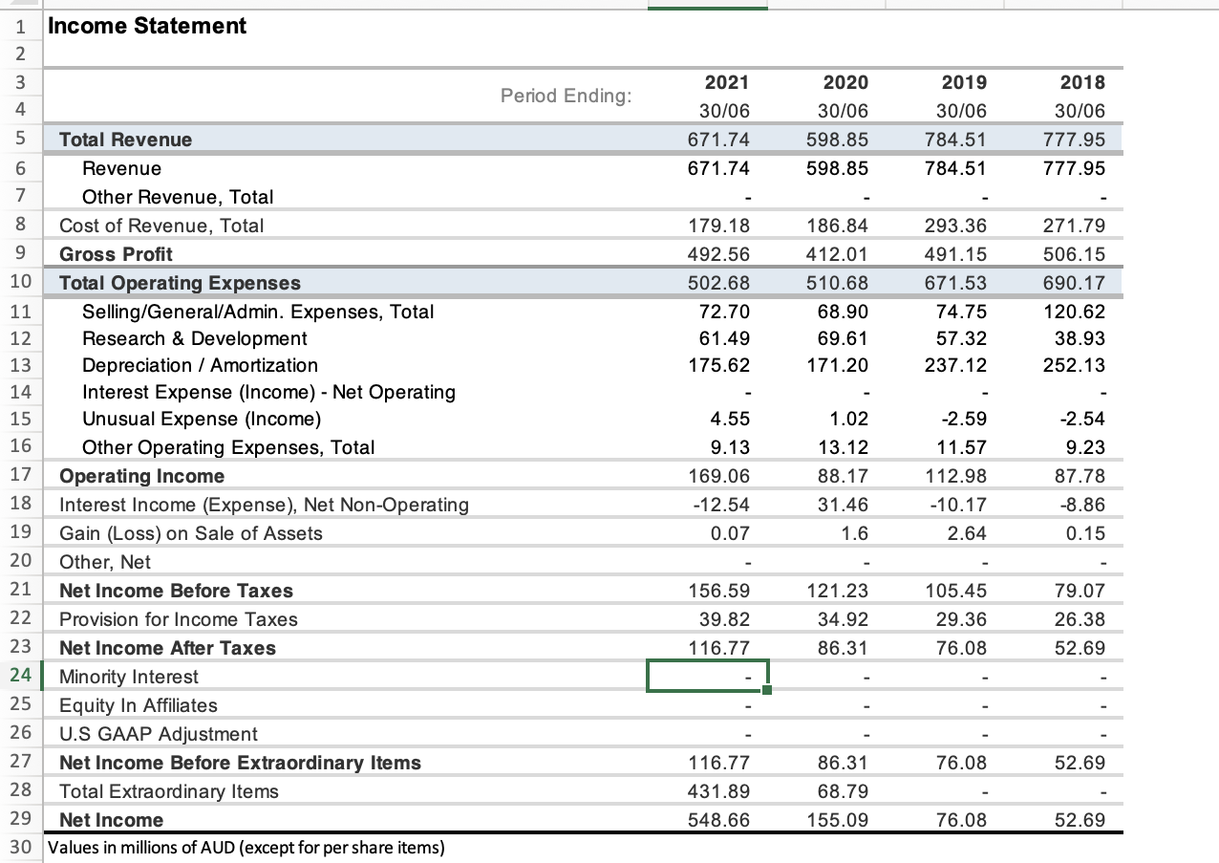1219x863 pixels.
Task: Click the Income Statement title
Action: (x=147, y=27)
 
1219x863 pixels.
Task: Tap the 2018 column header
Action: (x=1087, y=82)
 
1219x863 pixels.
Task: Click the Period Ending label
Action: (x=566, y=96)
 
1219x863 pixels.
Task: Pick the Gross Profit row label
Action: (x=116, y=254)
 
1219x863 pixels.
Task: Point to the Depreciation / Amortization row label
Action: (x=200, y=365)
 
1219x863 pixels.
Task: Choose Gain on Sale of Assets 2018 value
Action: (x=1088, y=533)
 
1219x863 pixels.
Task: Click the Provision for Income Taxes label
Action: (x=178, y=619)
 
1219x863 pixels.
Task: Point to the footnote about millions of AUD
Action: (x=246, y=848)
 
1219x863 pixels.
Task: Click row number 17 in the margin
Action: (x=21, y=476)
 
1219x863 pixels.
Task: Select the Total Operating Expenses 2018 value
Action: (x=1080, y=283)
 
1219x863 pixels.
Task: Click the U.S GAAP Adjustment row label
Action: (x=158, y=734)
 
